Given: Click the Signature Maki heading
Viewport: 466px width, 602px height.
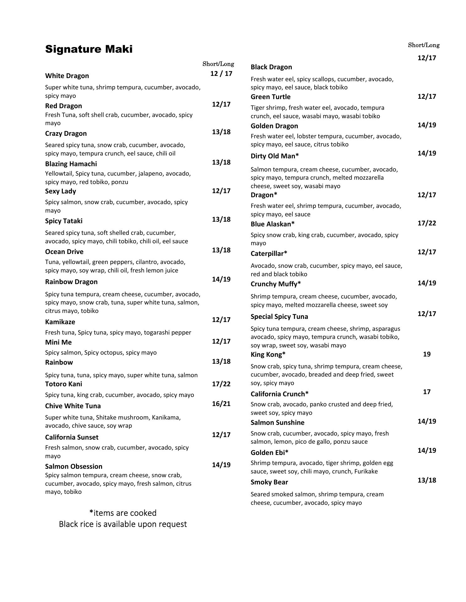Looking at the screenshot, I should tap(89, 49).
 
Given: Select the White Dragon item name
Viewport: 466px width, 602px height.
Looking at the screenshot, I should tap(67, 76).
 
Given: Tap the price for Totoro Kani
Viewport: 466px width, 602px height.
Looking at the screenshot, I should tap(221, 384).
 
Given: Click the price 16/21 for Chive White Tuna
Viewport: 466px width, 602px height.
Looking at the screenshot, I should tap(221, 404).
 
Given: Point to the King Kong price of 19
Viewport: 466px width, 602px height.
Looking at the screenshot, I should tap(427, 354).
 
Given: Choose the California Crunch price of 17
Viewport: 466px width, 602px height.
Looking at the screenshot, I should tap(427, 392).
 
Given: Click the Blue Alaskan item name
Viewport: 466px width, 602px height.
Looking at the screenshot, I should tap(273, 224).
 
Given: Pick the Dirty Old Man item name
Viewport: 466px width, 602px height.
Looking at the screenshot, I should tap(274, 156).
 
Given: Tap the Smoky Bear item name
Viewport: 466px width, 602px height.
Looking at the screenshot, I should tap(269, 482).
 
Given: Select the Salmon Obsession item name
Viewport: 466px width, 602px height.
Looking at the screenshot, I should tap(74, 467).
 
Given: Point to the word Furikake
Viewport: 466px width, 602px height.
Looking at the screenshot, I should tap(366, 471).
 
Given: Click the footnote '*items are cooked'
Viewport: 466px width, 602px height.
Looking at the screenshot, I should tap(123, 513).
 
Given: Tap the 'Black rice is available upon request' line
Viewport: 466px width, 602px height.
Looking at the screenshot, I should tap(123, 524).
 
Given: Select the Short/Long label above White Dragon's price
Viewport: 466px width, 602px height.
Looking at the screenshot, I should tap(218, 64).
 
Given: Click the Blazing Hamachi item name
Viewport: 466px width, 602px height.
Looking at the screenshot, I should tap(71, 164).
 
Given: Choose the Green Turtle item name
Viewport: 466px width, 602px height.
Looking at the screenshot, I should tap(270, 97).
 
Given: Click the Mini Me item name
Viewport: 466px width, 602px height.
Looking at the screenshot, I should tap(58, 342).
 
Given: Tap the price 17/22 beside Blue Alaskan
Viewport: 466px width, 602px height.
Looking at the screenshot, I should tap(427, 223).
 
